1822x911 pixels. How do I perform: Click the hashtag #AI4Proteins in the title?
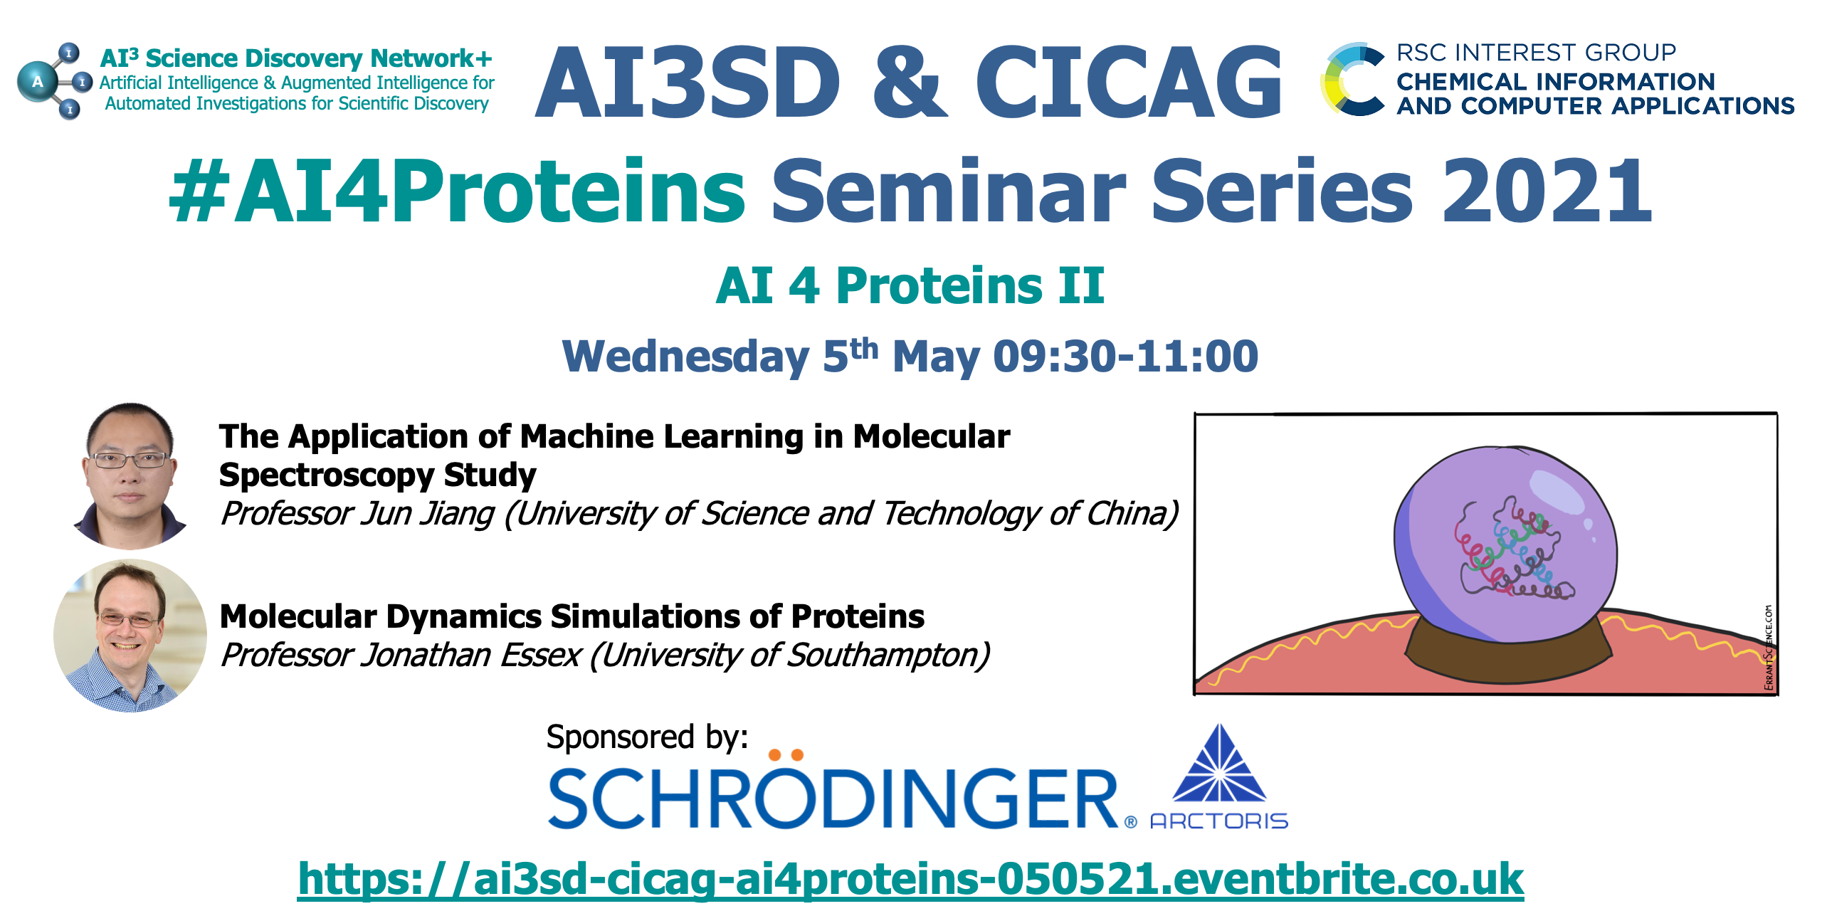point(457,190)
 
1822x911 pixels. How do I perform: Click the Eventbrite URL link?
point(910,879)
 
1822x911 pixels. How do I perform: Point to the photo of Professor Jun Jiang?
point(130,475)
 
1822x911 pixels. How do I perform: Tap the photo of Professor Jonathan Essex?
point(130,636)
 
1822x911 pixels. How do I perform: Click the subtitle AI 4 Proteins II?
point(910,285)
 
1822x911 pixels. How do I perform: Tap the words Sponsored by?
point(647,737)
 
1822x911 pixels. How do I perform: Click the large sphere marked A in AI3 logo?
point(38,83)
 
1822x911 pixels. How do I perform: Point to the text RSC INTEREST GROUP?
point(1536,53)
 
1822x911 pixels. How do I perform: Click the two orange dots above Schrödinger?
point(786,754)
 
